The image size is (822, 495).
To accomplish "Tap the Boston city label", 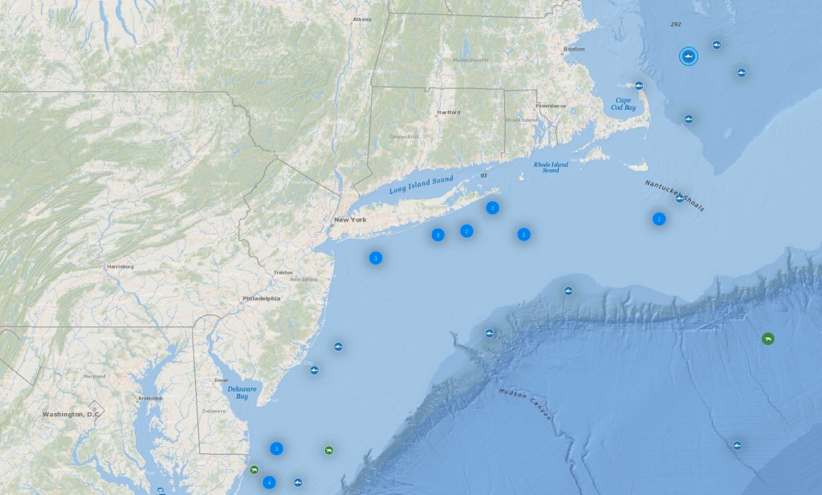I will pos(574,49).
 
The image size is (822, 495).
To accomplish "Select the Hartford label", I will pos(448,112).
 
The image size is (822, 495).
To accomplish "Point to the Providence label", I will pos(551,106).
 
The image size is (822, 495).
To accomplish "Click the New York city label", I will pos(350,219).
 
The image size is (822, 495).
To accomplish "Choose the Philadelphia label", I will pos(262,298).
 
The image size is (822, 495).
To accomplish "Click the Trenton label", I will pos(283,273).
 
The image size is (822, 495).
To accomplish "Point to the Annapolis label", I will pos(150,398).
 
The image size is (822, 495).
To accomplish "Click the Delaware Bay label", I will pos(237,392).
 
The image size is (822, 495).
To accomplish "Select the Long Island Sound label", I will pos(421,185).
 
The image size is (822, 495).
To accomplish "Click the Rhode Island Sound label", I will pos(551,168).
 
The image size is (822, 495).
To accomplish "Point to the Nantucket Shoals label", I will pos(674,195).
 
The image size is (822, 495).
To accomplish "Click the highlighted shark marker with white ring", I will pos(688,56).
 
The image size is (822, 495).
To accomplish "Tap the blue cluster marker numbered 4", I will pos(269,482).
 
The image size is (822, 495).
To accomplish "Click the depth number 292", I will pos(675,25).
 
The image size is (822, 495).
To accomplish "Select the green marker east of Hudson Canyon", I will pos(768,339).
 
